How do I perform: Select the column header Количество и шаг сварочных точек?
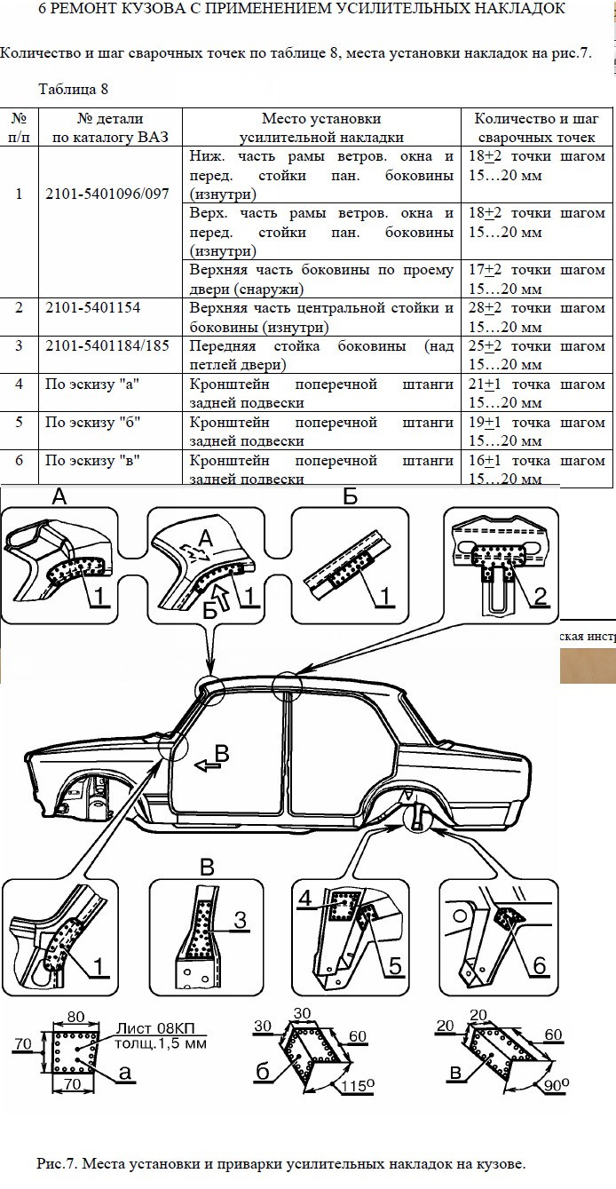tap(536, 128)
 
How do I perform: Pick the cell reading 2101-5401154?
tap(92, 307)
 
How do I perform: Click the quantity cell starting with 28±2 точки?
tap(536, 317)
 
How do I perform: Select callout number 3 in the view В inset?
tap(239, 921)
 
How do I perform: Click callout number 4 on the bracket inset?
tap(305, 898)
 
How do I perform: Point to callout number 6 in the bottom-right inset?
tap(539, 964)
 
